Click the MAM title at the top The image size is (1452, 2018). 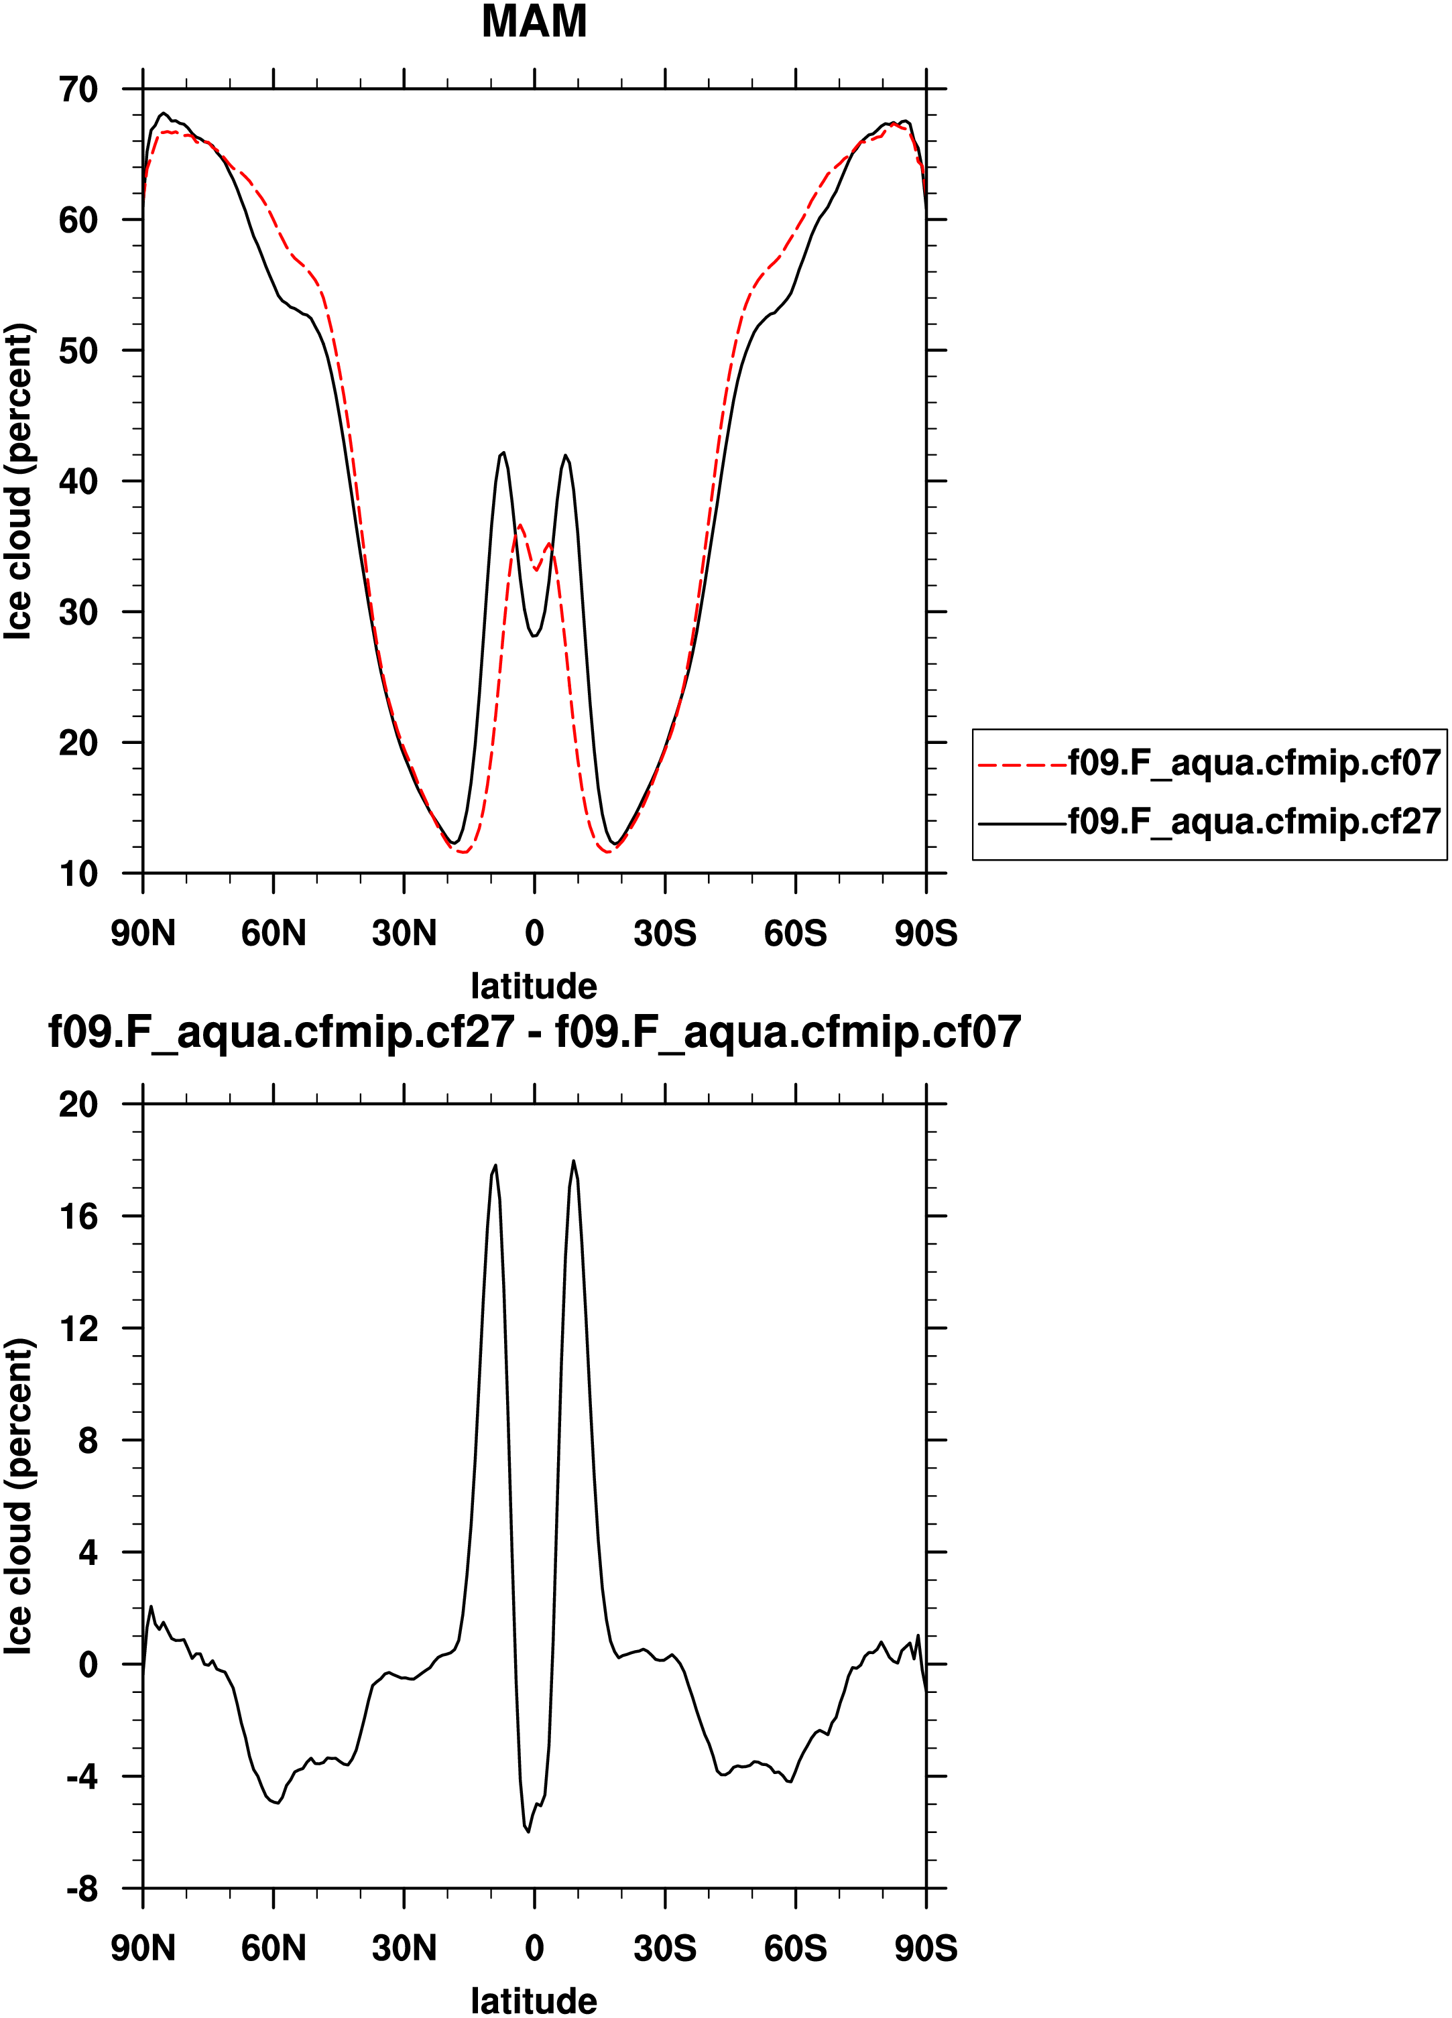(534, 21)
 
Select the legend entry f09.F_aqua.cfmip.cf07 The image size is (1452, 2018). (1254, 763)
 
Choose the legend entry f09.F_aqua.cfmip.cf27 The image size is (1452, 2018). (1254, 820)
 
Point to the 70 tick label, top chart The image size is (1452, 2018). (78, 89)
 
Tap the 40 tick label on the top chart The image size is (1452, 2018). (78, 481)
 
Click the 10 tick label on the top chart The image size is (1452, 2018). (78, 874)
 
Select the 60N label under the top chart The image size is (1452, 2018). (273, 934)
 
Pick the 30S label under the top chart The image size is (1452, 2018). (664, 934)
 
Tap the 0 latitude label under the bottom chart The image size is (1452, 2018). (534, 1948)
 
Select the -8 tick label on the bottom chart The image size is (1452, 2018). (82, 1888)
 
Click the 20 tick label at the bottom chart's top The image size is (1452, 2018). (78, 1105)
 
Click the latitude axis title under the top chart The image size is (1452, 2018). (534, 986)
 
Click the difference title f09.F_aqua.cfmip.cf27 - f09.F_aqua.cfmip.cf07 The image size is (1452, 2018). (534, 1032)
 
